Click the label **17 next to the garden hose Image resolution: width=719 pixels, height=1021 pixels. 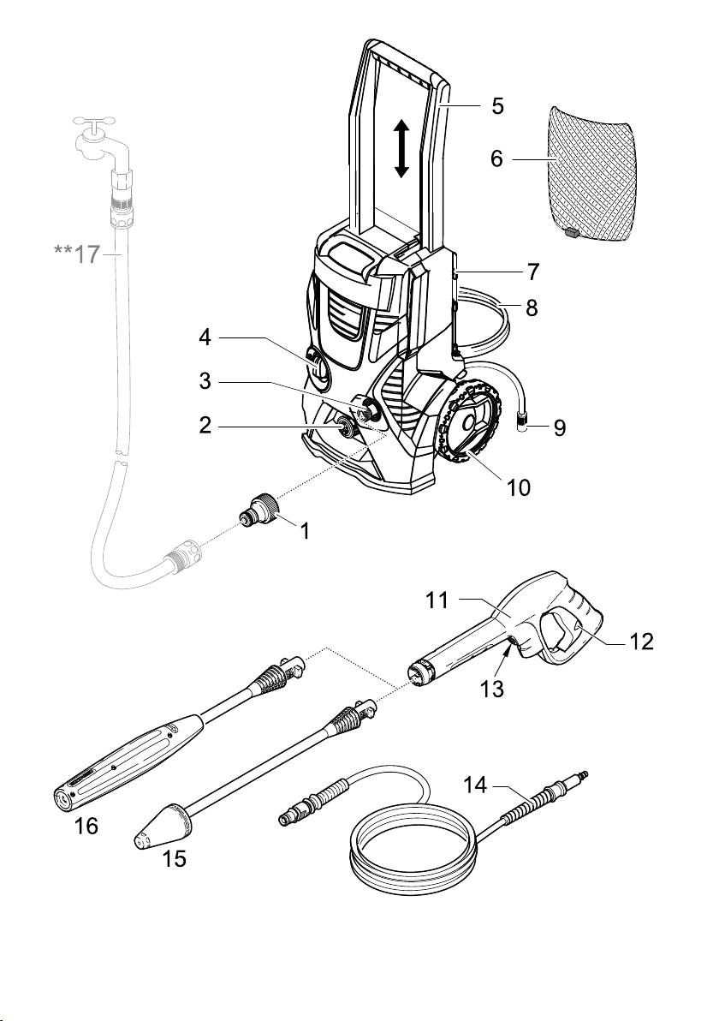coord(79,254)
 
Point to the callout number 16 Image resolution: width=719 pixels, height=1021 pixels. coord(86,827)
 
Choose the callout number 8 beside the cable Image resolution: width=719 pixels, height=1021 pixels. coord(532,307)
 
